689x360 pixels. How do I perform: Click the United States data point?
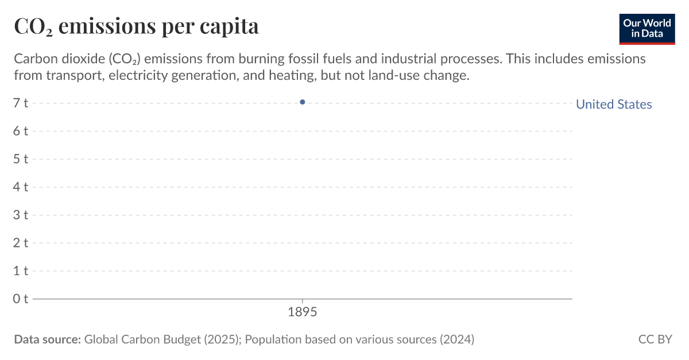pos(302,102)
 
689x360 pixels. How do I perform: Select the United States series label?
pos(614,104)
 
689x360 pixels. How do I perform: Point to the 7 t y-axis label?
pos(21,103)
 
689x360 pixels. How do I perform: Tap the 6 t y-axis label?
pos(21,131)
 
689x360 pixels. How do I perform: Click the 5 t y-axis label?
pos(21,159)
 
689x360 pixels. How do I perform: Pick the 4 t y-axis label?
pos(21,187)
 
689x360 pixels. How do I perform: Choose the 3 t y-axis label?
pos(21,215)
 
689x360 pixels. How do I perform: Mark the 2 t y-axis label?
pos(21,243)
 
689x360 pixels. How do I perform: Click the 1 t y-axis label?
pos(21,270)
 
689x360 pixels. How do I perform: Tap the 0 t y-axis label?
pos(21,299)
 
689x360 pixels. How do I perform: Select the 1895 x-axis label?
pos(302,313)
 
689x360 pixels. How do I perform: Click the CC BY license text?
pos(655,339)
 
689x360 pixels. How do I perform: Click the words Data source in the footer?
pos(47,339)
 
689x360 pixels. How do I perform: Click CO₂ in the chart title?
pos(33,26)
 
